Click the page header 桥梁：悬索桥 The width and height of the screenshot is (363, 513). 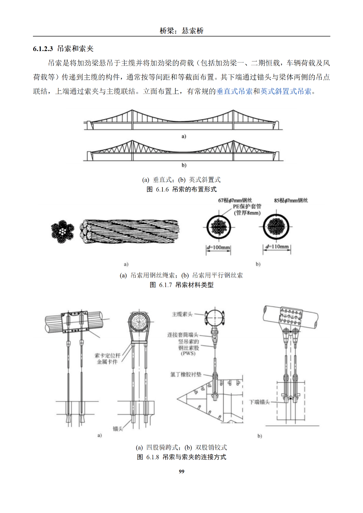tap(182, 31)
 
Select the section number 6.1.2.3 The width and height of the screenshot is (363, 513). tap(43, 49)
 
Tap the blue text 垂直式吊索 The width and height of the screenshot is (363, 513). tap(234, 91)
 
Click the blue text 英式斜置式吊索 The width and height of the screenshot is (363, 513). tap(286, 91)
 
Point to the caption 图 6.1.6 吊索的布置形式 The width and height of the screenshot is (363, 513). tap(182, 189)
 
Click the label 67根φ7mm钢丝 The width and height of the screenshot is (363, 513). tap(235, 200)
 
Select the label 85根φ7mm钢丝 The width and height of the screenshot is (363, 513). tap(291, 200)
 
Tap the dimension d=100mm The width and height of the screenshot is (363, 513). tap(218, 248)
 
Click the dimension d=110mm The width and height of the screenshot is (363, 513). tap(277, 247)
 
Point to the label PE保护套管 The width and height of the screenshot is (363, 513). tap(247, 206)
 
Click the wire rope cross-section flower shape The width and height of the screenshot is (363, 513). tap(63, 231)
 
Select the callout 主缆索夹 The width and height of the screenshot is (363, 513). tap(182, 314)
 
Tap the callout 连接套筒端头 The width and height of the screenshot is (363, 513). tap(183, 335)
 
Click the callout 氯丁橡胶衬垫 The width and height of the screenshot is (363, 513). tap(186, 374)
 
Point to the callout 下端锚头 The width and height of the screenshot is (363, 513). tap(259, 402)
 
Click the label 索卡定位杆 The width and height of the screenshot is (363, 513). tap(107, 355)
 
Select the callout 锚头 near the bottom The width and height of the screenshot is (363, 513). tap(118, 429)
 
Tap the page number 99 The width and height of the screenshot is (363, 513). tap(182, 471)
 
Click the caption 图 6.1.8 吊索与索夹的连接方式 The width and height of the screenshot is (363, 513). tap(182, 457)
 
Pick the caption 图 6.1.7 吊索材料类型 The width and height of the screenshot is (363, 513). tap(182, 285)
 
